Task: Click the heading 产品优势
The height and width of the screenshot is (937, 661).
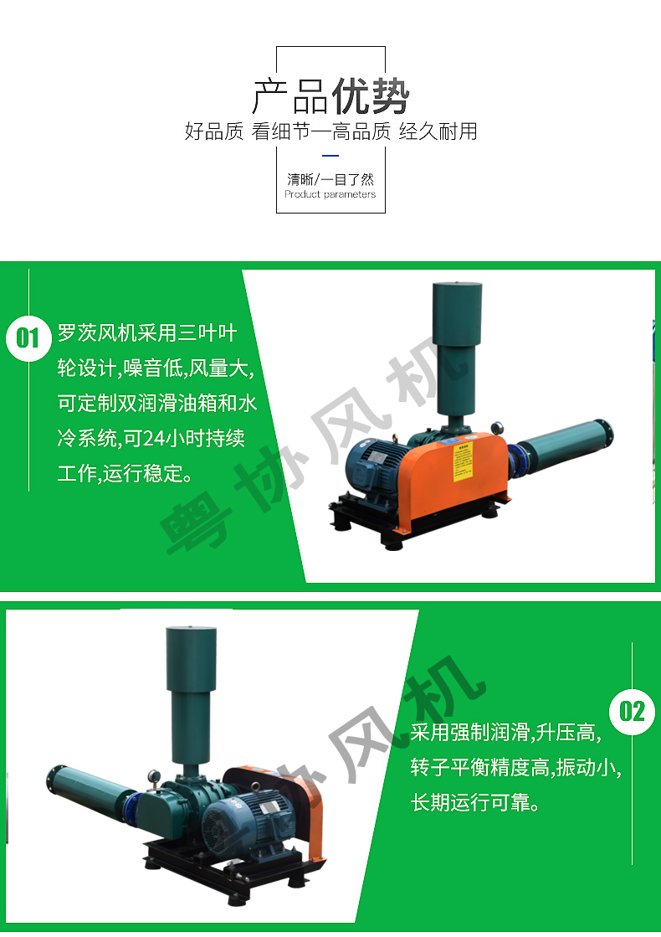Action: tap(330, 97)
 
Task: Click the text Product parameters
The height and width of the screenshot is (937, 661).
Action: tap(330, 194)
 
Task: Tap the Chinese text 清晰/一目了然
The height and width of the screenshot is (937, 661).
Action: tap(330, 179)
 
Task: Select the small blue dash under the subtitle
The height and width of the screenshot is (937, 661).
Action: tap(330, 156)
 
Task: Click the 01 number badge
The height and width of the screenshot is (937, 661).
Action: tap(28, 337)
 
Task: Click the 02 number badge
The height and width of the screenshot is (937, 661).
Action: tap(632, 712)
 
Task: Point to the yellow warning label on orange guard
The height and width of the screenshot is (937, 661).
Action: tap(463, 461)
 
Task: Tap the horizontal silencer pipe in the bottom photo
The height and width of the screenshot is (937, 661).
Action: tap(88, 791)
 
